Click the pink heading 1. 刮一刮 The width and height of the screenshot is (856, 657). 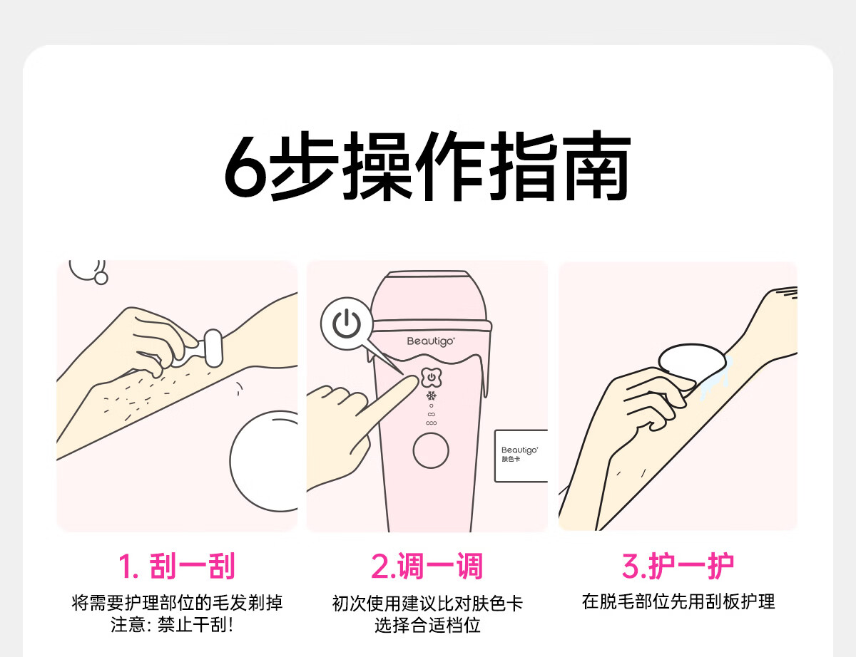[x=177, y=566]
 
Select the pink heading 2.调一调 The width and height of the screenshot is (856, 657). [x=427, y=566]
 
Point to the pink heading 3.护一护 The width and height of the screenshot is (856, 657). [x=678, y=566]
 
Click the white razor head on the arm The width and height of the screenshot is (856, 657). [x=213, y=348]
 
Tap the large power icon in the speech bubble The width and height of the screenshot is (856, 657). [x=347, y=324]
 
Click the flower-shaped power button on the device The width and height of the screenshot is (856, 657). [x=432, y=377]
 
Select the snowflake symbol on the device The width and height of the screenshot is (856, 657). [x=432, y=395]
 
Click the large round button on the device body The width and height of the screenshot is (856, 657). [x=431, y=450]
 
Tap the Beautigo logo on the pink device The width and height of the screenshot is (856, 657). [x=431, y=341]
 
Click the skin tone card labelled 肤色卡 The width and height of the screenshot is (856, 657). [x=521, y=455]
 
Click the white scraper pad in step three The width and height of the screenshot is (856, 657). [x=691, y=361]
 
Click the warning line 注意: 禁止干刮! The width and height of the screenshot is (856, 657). [x=172, y=624]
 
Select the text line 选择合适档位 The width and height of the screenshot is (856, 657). [x=427, y=625]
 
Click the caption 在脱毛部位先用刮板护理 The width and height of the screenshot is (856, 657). [x=678, y=601]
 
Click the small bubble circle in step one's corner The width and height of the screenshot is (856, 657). [x=101, y=278]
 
